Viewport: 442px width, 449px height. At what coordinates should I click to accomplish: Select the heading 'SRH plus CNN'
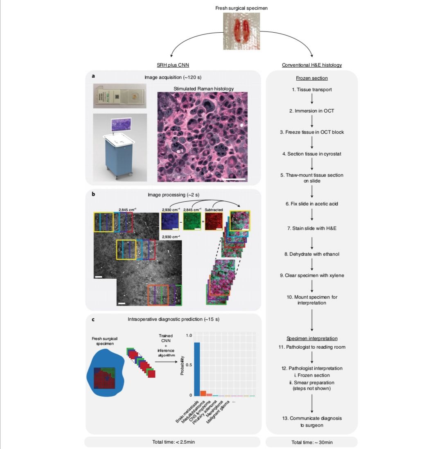click(173, 65)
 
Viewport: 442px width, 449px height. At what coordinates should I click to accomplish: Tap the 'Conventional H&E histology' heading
click(312, 65)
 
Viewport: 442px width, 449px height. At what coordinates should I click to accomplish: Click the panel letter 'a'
click(94, 76)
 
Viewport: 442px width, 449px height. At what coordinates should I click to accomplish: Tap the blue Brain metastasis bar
click(197, 369)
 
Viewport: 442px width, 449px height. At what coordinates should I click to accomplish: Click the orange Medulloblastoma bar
click(203, 393)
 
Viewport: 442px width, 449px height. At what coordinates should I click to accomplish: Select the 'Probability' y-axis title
click(182, 368)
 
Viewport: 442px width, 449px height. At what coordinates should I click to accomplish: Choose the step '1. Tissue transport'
click(312, 90)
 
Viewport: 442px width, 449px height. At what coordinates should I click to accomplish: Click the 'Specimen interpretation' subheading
click(312, 338)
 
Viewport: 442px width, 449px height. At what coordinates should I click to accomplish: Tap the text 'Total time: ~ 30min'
click(311, 442)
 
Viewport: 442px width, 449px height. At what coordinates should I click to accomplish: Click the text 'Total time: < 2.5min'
click(172, 442)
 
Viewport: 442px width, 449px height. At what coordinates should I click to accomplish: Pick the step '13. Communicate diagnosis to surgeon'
click(312, 422)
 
